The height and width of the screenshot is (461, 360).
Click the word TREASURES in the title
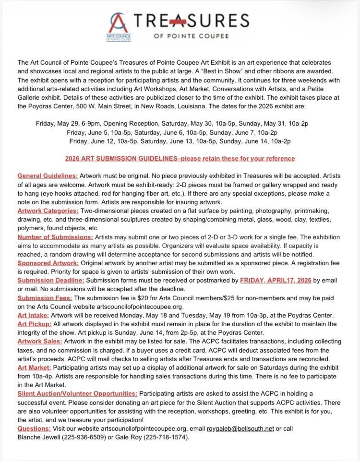point(194,21)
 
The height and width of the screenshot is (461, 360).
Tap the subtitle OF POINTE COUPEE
point(194,36)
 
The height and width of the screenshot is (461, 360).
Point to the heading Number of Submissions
point(55,237)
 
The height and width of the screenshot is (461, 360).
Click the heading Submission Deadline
point(50,280)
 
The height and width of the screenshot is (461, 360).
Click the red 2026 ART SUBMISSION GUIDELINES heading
point(180,158)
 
